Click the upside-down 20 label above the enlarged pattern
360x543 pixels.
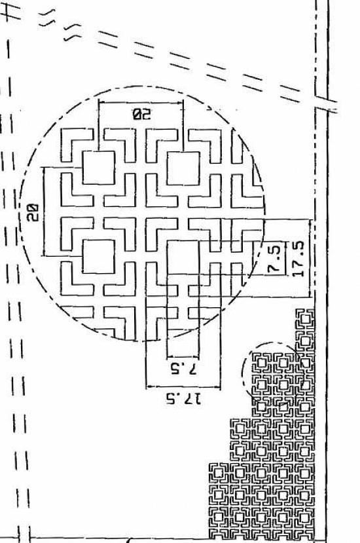coord(142,113)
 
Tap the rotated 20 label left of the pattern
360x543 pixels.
coord(32,212)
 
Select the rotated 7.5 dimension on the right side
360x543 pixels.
coord(274,259)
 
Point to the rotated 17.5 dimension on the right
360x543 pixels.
coord(298,258)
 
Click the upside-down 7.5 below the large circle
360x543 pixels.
coord(183,369)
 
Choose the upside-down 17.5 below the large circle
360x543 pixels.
coord(183,400)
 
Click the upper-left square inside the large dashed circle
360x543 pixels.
coord(99,168)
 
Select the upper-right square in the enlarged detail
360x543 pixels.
coord(183,168)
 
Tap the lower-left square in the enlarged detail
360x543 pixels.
coord(99,256)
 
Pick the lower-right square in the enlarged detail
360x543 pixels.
coord(183,257)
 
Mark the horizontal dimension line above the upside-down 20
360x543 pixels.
coord(141,102)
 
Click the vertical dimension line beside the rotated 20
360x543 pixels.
coord(44,212)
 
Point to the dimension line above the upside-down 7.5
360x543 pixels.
coord(183,357)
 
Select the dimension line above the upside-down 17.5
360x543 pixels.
coord(183,387)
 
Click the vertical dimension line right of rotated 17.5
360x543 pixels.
coord(310,257)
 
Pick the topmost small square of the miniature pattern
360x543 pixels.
coord(304,319)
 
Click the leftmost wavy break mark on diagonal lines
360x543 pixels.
coord(46,18)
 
